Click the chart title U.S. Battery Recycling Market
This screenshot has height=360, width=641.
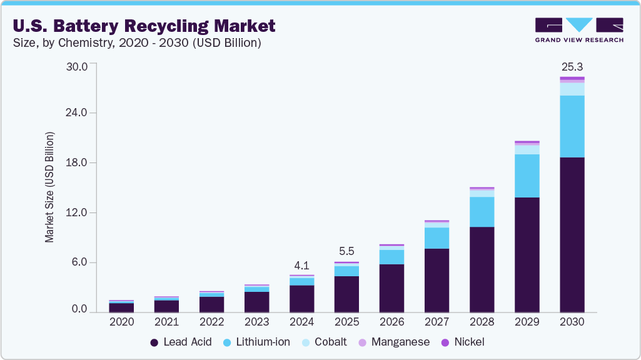pos(143,26)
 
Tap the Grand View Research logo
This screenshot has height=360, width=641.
pos(578,29)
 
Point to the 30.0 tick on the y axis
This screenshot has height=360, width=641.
pos(80,64)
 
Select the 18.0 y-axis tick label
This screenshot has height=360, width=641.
pos(80,162)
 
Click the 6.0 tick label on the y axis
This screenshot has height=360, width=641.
pos(83,262)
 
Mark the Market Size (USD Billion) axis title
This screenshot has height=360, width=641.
pos(49,187)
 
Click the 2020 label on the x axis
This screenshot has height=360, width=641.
pos(121,322)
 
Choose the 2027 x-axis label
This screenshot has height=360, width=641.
pos(437,322)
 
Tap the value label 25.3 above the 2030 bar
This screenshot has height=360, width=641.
pos(572,66)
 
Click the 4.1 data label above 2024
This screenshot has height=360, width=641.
pos(301,264)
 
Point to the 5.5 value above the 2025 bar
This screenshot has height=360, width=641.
pos(346,251)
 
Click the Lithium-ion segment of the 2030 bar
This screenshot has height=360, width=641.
pos(572,126)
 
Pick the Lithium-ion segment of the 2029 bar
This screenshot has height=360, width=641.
pos(527,176)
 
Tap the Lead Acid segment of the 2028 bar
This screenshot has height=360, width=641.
pos(482,269)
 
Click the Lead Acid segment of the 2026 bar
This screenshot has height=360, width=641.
pos(391,288)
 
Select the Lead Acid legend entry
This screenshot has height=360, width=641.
pos(181,342)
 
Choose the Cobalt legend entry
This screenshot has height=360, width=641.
pos(323,342)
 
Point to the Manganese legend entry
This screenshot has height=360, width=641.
pos(393,342)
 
